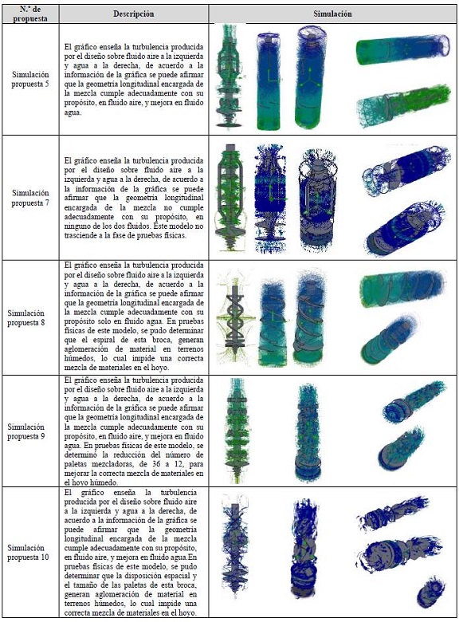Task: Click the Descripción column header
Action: click(x=134, y=14)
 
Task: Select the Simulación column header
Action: click(x=332, y=14)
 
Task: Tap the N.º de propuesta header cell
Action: click(x=30, y=14)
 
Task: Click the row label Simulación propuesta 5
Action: click(x=30, y=79)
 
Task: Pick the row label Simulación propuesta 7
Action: click(x=30, y=198)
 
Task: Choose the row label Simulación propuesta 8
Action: click(x=26, y=317)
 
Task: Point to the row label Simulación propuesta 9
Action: click(x=26, y=431)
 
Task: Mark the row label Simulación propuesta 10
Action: click(x=28, y=552)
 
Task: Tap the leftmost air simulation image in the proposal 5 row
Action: click(x=230, y=76)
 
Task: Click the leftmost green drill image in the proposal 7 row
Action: click(x=230, y=197)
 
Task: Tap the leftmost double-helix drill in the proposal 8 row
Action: click(x=234, y=317)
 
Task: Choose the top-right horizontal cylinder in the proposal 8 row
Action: click(x=404, y=288)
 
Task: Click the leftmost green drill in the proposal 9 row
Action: click(x=237, y=431)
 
